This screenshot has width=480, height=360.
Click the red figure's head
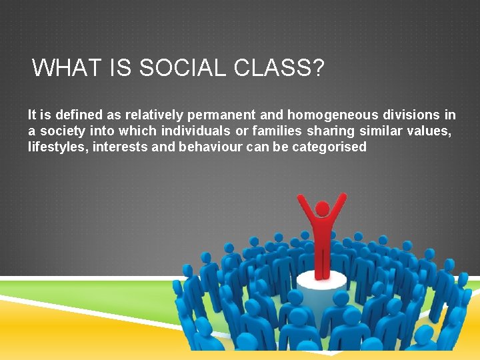click(322, 209)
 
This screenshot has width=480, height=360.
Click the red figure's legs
click(322, 263)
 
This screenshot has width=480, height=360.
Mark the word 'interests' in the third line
click(120, 147)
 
